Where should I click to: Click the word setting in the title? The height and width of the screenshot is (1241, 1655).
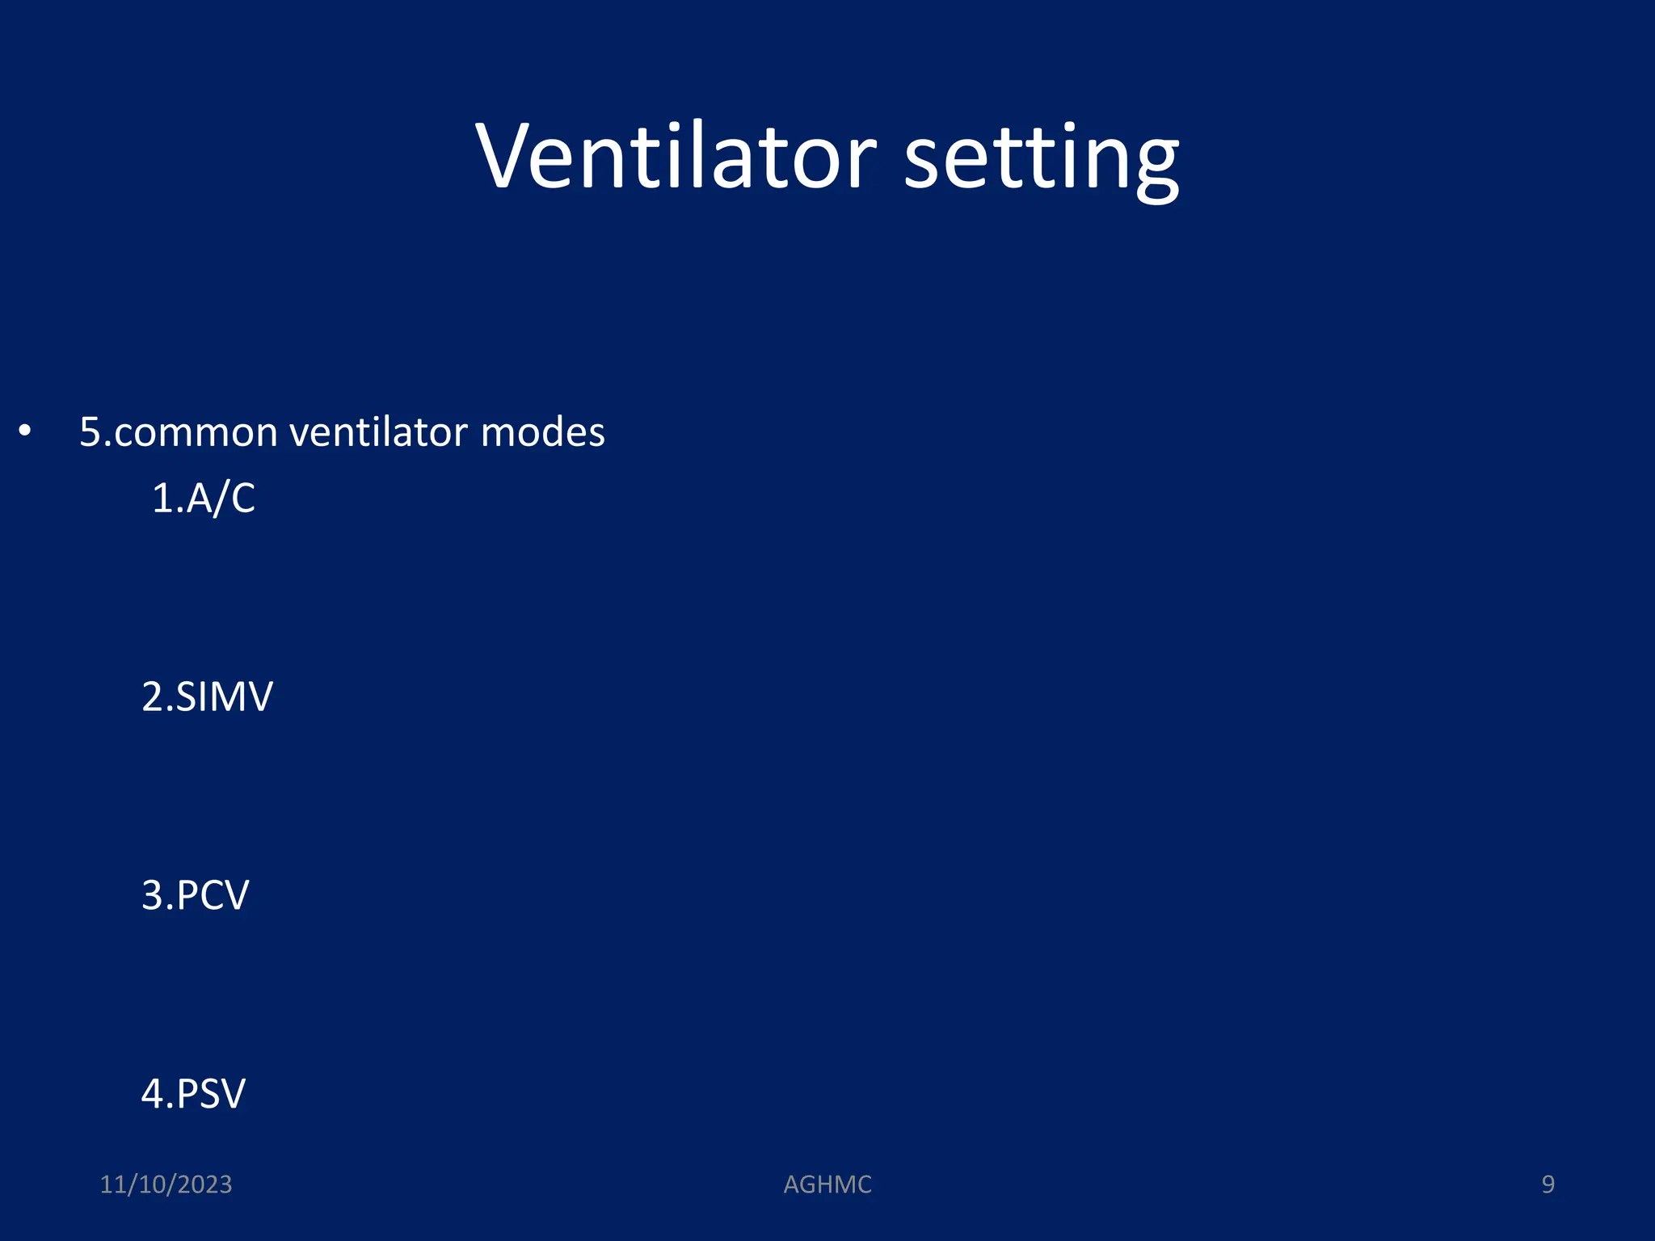1041,158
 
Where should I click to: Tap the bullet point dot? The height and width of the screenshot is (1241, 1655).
25,431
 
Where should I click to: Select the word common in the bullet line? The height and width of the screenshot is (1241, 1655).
195,433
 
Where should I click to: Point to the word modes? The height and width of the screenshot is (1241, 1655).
542,431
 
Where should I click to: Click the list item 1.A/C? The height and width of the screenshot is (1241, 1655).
204,498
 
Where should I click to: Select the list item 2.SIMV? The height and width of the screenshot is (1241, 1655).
207,696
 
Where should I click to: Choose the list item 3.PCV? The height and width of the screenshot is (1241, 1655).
195,895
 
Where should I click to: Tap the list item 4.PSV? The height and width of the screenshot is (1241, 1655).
193,1094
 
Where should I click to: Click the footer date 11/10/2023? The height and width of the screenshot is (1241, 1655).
166,1184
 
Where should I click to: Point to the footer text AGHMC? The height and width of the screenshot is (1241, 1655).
827,1184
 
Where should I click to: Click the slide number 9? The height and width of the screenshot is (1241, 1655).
1548,1184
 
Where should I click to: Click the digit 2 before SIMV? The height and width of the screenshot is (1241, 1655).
153,696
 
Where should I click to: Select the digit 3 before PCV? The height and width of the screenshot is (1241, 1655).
153,895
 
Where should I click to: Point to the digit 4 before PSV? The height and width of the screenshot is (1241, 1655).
153,1094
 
